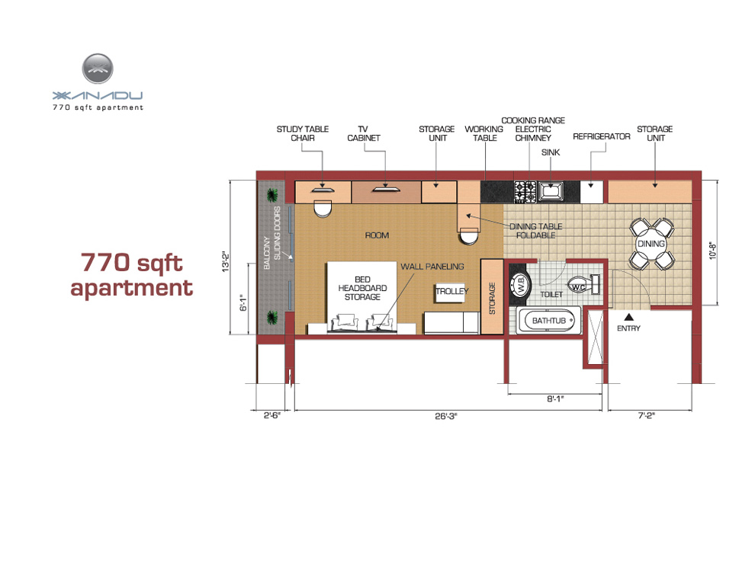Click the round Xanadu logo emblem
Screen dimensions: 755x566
click(x=98, y=69)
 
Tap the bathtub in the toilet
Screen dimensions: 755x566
click(x=548, y=321)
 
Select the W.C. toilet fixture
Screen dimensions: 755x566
click(x=584, y=286)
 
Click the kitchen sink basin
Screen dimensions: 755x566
click(x=551, y=192)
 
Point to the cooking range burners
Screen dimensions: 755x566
click(x=525, y=192)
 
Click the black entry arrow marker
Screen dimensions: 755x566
click(x=629, y=317)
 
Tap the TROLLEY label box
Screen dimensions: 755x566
click(x=451, y=292)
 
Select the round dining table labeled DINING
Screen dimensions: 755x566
click(x=651, y=244)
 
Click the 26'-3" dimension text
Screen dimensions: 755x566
click(x=446, y=416)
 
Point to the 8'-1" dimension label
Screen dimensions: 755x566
click(x=555, y=398)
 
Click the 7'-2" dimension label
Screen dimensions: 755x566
click(x=647, y=415)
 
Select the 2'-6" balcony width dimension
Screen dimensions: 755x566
click(x=271, y=415)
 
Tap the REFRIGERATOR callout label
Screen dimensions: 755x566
click(x=602, y=136)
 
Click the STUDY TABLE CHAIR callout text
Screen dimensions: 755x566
click(x=303, y=133)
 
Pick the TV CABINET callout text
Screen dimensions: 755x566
click(x=364, y=133)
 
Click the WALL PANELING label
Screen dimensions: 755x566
click(x=432, y=267)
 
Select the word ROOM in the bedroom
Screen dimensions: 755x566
click(x=377, y=235)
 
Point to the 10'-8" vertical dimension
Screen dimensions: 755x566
click(x=713, y=251)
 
